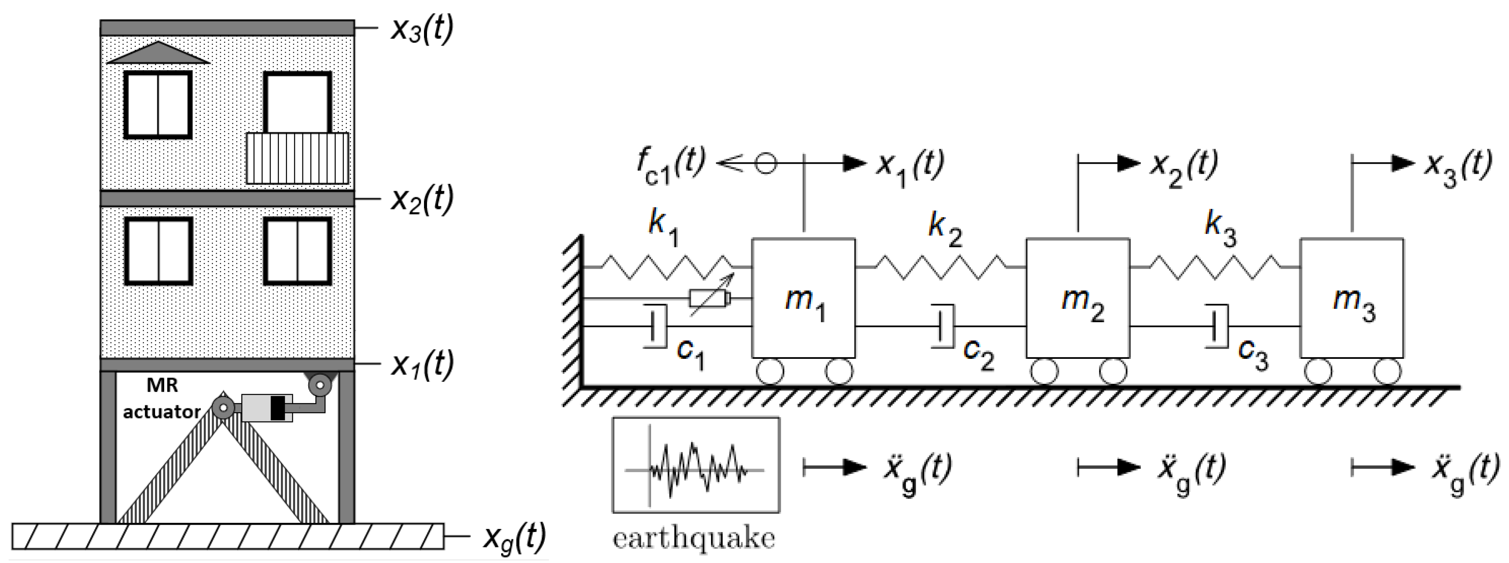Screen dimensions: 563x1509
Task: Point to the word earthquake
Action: coord(694,538)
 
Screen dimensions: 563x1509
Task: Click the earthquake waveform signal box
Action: coord(696,465)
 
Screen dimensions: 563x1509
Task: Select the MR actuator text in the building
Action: coord(162,399)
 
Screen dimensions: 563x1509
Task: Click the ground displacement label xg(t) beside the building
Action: coord(514,536)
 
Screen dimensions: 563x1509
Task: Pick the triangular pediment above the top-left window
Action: coord(158,53)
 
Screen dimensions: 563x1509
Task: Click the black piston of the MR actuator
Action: coord(278,408)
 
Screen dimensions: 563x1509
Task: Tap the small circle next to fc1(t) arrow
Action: coord(765,163)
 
